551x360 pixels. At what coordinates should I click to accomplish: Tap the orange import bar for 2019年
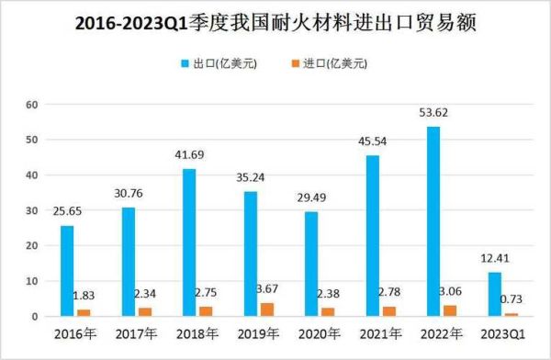266,309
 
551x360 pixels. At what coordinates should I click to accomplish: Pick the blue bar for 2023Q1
494,294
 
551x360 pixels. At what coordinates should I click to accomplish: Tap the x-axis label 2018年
197,335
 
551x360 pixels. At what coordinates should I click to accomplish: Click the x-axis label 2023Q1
502,335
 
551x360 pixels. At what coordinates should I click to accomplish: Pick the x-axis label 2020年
319,335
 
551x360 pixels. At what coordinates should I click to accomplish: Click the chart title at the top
275,22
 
